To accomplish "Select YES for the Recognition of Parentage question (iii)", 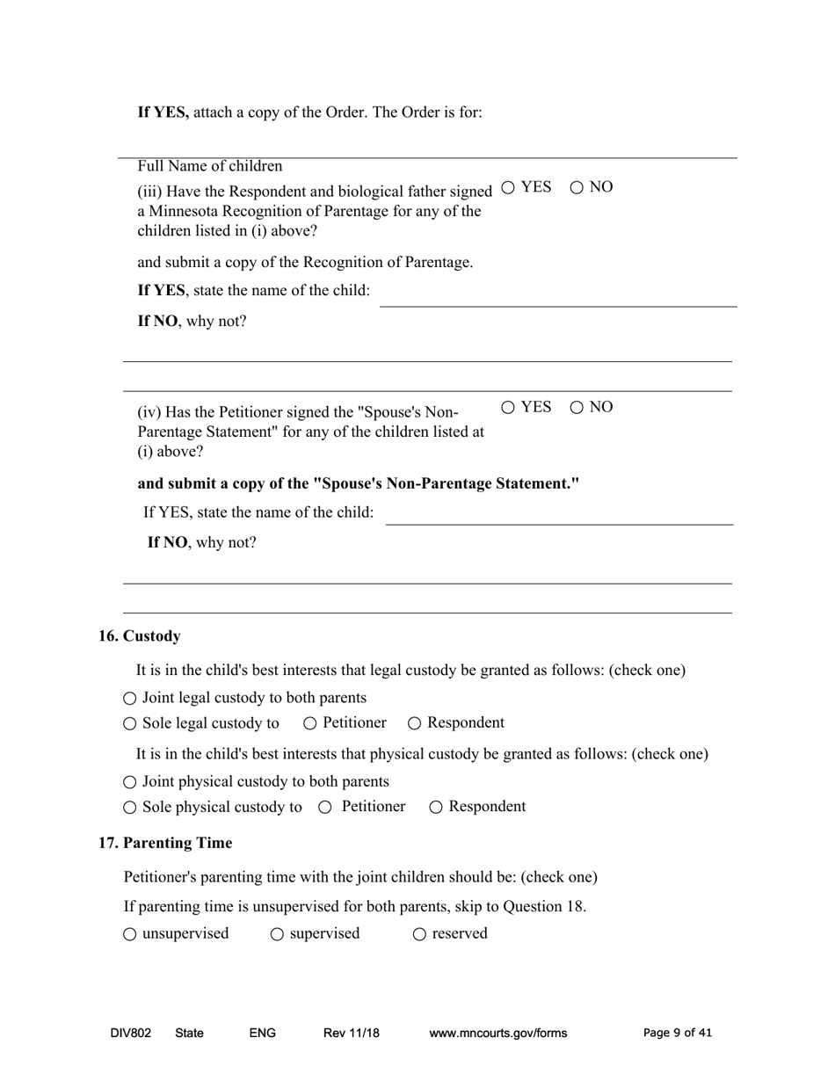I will [508, 187].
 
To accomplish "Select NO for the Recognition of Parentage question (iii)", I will [577, 187].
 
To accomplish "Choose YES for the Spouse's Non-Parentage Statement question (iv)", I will [508, 407].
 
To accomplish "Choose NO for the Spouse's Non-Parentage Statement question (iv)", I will [577, 407].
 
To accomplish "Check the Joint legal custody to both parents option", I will [130, 699].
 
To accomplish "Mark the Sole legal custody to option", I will [130, 724].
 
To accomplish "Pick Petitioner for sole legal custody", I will [309, 723].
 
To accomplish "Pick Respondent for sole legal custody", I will [415, 723].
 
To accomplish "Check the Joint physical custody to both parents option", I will [130, 782].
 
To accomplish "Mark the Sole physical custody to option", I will [130, 808].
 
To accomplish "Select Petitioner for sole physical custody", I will [325, 808].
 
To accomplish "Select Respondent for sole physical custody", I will [436, 808].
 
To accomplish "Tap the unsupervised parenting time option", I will [130, 934].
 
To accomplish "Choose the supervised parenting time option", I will [277, 934].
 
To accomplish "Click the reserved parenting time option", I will [419, 934].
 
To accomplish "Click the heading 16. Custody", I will [139, 636].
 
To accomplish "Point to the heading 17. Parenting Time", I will [165, 843].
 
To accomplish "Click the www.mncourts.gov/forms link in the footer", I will [497, 1034].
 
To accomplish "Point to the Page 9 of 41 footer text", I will [678, 1034].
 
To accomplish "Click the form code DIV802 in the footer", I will [130, 1034].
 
